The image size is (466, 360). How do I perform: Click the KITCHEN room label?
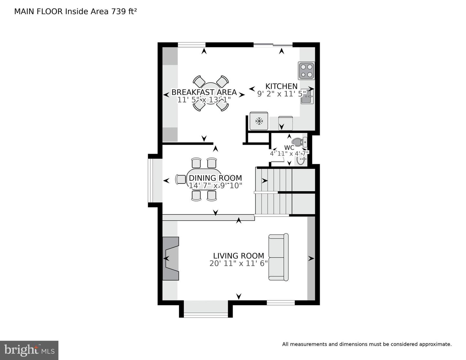point(281,86)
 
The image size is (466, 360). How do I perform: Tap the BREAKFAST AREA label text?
point(204,92)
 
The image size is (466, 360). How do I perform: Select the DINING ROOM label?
point(215,178)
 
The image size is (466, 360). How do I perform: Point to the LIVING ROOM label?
point(239,256)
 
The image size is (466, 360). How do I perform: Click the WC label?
point(289,148)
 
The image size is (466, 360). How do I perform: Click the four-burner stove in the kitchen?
point(306,71)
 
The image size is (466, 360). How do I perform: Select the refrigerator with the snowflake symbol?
point(259,121)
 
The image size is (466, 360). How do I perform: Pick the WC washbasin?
point(301,160)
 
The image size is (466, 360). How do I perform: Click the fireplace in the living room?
point(171,258)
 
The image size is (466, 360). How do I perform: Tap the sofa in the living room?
point(278,257)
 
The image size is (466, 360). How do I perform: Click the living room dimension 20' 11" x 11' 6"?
point(239,264)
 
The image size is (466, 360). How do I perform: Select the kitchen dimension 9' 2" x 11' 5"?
point(281,94)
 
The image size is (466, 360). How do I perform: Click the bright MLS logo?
point(29,350)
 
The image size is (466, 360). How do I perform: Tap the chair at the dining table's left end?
point(181,179)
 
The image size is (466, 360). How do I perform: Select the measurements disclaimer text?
point(367,344)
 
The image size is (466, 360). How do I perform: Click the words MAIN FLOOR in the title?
point(39,12)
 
